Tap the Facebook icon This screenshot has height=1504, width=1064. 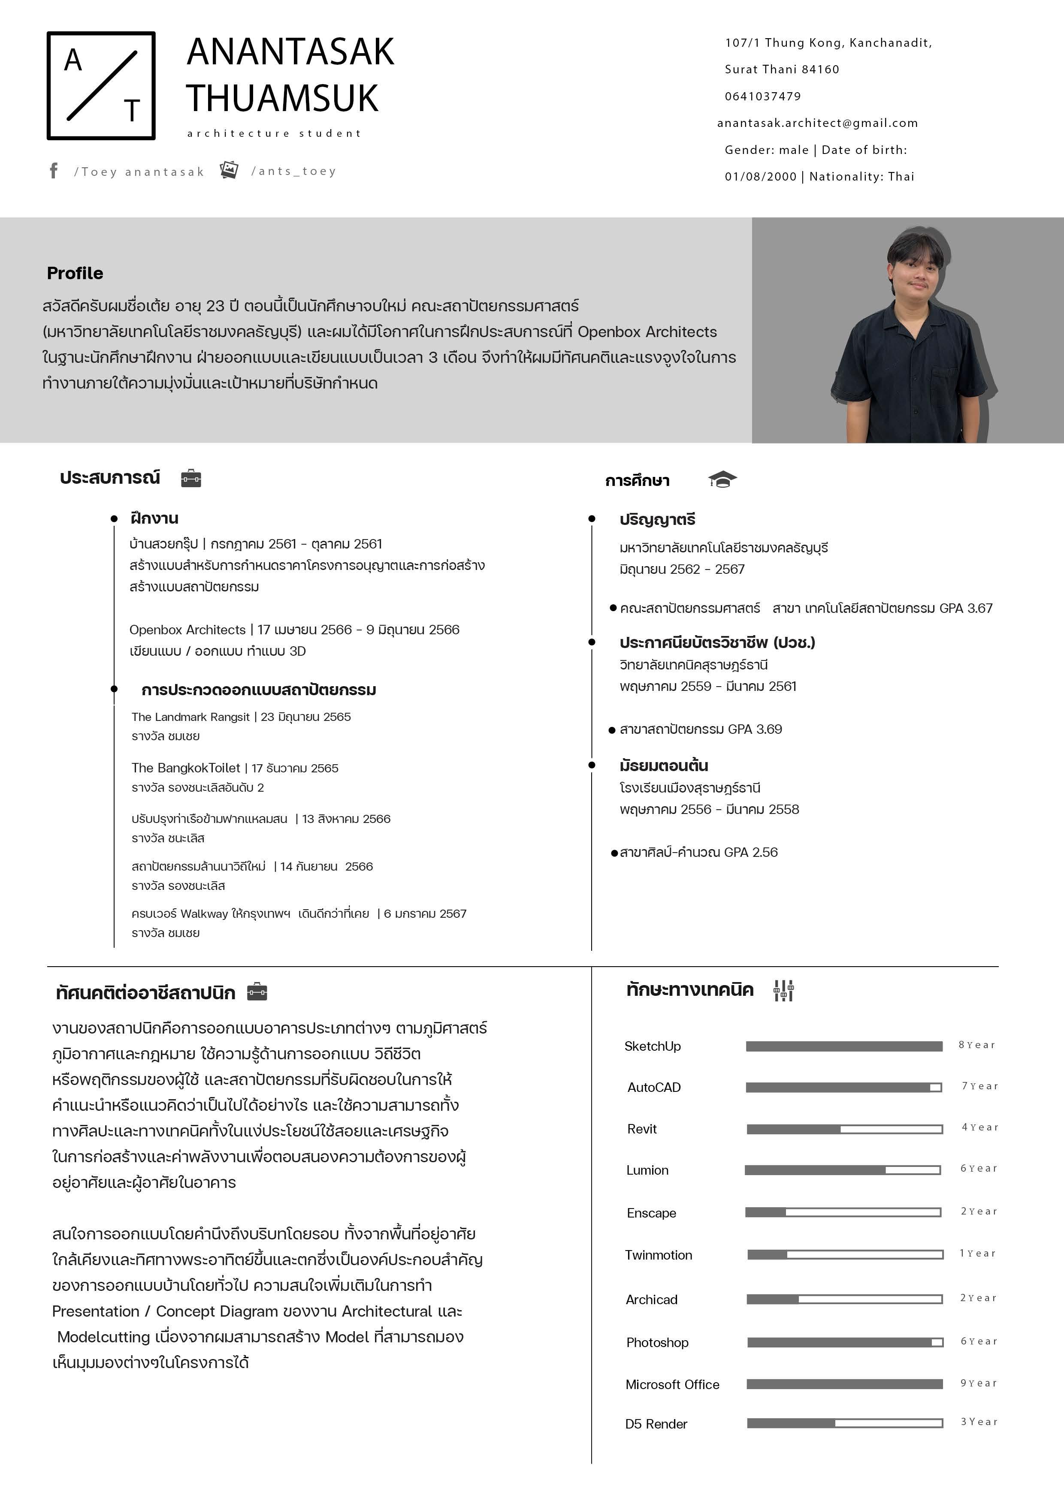pos(54,171)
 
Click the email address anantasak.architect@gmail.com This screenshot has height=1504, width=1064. pos(817,123)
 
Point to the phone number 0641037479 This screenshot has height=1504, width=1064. pos(763,96)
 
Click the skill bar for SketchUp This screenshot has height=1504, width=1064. pos(844,1046)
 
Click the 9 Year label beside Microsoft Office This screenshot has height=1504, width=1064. pos(978,1383)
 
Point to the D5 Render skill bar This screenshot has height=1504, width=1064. pos(844,1423)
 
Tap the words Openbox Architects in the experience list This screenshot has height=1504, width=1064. pos(187,630)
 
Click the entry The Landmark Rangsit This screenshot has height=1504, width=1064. pos(190,717)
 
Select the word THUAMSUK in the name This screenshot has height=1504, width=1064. pos(282,98)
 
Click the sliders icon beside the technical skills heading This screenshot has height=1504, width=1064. pos(783,990)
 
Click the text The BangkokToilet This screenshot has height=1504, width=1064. pos(185,768)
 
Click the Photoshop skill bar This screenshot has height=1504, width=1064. pos(844,1342)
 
